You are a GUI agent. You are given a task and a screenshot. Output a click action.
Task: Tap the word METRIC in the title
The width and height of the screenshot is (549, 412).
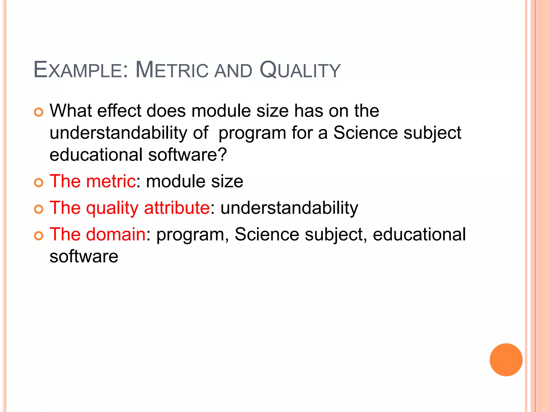(172, 70)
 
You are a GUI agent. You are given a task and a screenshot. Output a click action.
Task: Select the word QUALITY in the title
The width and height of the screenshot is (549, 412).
(300, 70)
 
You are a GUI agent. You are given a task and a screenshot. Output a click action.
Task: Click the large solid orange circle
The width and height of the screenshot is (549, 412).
(506, 360)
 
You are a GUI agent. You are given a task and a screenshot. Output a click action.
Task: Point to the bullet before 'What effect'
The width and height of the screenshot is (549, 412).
(39, 112)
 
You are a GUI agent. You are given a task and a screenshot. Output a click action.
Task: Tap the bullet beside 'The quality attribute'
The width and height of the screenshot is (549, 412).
(39, 209)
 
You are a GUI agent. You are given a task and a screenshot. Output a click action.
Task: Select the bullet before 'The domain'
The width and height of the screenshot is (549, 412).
(39, 236)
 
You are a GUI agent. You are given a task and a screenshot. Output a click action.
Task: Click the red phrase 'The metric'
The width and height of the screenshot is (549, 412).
(92, 181)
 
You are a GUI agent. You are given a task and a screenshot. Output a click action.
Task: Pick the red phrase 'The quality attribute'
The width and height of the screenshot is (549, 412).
(129, 208)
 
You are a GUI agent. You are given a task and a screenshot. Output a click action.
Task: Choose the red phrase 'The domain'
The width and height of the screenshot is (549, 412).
(98, 234)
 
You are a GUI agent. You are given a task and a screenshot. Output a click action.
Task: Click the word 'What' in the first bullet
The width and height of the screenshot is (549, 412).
(71, 111)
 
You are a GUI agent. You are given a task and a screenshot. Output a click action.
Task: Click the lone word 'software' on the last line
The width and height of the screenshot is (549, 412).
(84, 256)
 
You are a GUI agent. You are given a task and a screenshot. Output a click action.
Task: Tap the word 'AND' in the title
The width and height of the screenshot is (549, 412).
(233, 71)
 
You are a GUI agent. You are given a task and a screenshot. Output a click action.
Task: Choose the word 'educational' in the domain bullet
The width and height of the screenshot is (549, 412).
(419, 234)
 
